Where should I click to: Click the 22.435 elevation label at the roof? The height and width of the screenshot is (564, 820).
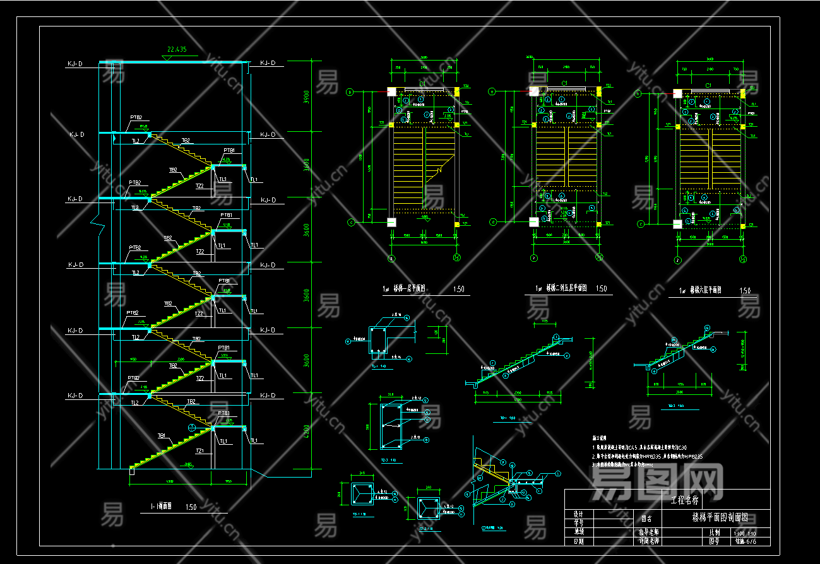(177, 49)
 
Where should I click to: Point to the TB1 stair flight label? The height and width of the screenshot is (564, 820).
(162, 435)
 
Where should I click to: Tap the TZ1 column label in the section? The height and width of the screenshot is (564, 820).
(200, 451)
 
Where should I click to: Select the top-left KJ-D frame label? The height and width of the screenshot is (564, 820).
(76, 64)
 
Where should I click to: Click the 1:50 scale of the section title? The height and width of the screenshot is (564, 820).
(191, 507)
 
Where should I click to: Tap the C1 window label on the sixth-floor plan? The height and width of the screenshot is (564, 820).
(708, 85)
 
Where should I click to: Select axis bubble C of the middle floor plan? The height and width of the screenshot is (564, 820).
(492, 222)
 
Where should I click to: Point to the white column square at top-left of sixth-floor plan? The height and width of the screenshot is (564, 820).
(677, 93)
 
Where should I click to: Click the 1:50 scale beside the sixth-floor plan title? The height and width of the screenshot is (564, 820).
(745, 291)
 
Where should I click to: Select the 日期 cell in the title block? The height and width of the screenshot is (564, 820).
(578, 541)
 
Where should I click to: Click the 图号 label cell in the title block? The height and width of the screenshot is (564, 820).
(714, 541)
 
